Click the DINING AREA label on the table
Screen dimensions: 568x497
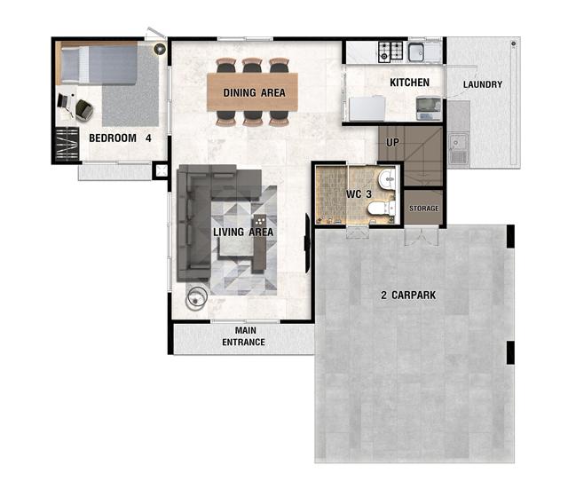coord(254,92)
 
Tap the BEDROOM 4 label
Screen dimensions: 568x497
coord(120,138)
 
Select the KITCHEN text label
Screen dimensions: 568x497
coord(409,83)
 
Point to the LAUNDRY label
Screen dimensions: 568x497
coord(483,84)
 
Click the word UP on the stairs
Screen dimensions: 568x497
coord(392,143)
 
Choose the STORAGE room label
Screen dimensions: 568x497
coord(424,209)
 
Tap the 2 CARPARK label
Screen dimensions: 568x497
coord(408,296)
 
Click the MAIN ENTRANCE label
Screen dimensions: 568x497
coord(243,336)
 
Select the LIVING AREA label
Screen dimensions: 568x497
coord(242,233)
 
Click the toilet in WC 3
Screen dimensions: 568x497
coord(382,209)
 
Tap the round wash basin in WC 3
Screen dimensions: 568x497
coord(387,178)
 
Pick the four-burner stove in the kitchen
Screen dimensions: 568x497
coord(390,51)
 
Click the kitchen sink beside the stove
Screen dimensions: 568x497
coord(416,51)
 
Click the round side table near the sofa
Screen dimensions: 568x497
coord(196,298)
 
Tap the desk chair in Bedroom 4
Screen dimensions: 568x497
coord(84,110)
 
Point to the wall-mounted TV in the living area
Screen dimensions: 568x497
coord(307,243)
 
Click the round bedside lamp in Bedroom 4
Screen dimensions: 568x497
coord(160,49)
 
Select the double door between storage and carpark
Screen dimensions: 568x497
coord(422,235)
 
